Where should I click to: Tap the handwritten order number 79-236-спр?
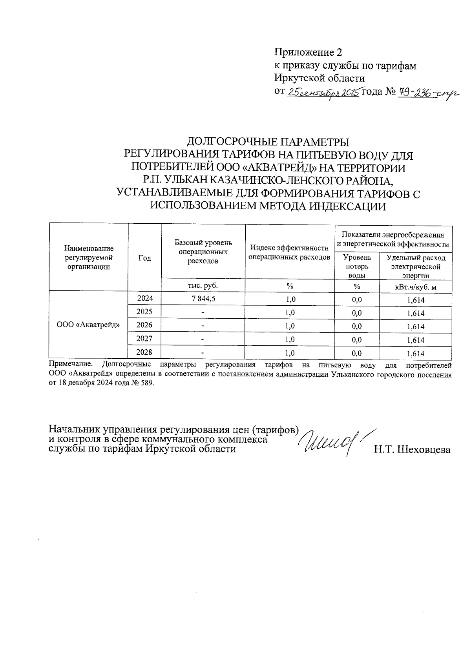428,93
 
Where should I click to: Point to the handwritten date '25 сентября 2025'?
324,93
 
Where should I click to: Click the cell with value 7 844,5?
203,299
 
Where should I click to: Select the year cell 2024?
144,298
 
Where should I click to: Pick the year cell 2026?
144,325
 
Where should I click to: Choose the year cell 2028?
144,352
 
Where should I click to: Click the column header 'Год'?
144,257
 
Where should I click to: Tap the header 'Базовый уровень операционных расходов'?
203,252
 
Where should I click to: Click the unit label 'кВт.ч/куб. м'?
416,287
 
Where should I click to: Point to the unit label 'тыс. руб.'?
203,286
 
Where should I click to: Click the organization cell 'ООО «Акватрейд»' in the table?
88,325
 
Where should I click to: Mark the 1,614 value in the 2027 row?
416,340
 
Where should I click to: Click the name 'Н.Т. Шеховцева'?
412,450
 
